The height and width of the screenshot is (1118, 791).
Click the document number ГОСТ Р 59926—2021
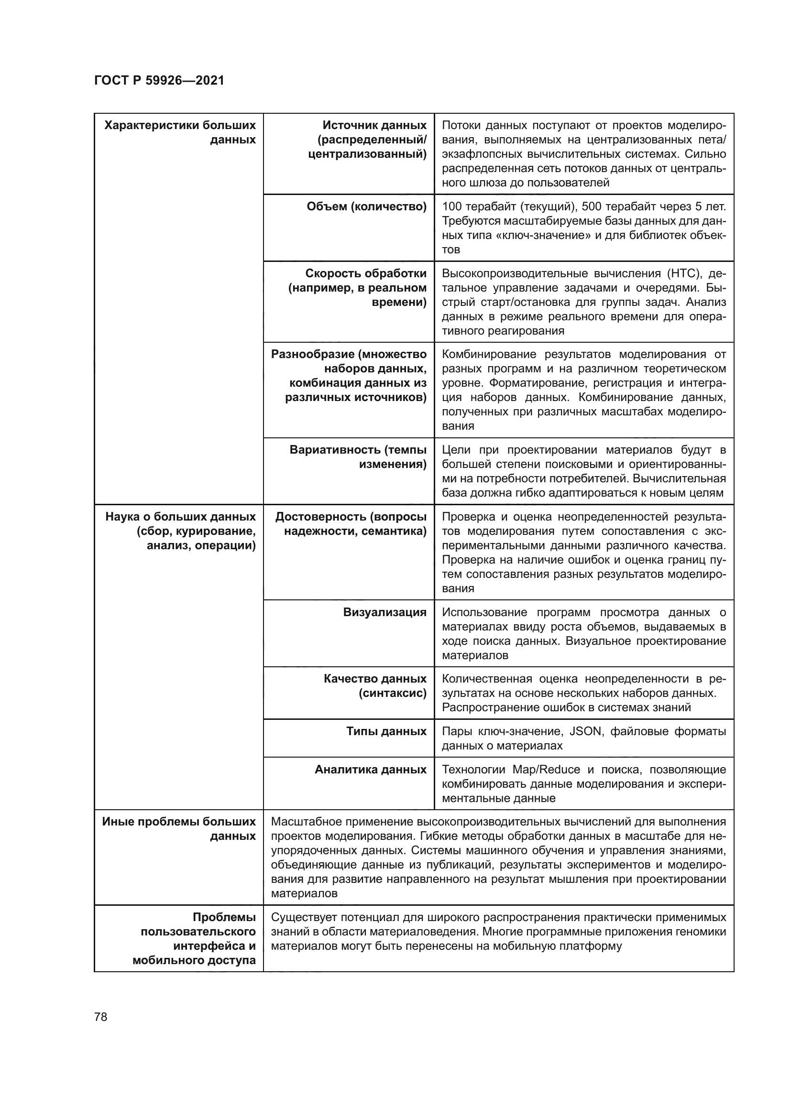coord(159,81)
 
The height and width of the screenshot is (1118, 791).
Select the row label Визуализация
coord(385,612)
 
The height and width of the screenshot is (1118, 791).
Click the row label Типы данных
coord(386,731)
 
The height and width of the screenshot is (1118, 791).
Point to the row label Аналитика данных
coord(370,770)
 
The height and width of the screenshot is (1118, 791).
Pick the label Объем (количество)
coord(366,206)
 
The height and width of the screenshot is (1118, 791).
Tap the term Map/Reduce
coord(546,770)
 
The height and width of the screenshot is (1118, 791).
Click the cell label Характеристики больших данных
coord(180,132)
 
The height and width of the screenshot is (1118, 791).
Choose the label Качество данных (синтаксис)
coord(375,685)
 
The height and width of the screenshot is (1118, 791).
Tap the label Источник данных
coord(374,126)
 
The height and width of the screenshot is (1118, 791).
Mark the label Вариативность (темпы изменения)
coord(358,457)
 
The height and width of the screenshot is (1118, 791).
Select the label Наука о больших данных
coord(180,516)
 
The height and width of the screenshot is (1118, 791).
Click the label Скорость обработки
coord(366,274)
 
